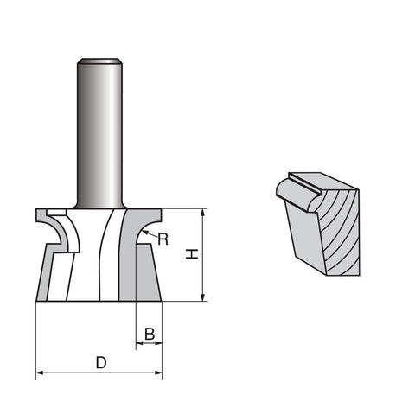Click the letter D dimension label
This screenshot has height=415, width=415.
pos(101,363)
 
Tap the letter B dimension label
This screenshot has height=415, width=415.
pos(150,335)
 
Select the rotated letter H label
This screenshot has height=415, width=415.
pos(192,253)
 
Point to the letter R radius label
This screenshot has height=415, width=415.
pos(163,239)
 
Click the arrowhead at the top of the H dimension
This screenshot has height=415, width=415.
pos(203,213)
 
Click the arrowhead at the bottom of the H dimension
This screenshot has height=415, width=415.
pos(203,297)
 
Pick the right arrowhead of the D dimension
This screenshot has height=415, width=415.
pos(158,373)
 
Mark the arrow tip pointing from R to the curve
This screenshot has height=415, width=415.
pos(143,231)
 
